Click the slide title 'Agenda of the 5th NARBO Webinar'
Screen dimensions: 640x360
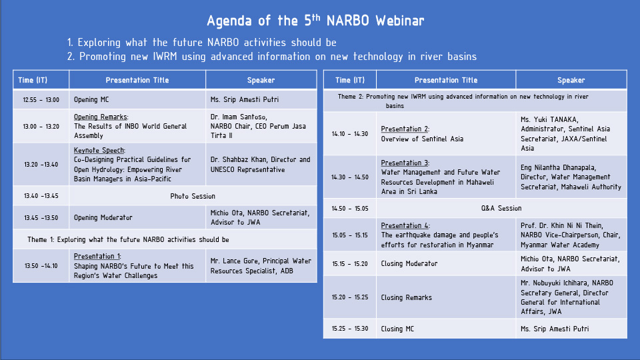click(315, 21)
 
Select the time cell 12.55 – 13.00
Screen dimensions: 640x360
click(41, 99)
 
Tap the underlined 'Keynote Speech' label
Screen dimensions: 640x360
click(99, 150)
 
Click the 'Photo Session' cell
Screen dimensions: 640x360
click(193, 196)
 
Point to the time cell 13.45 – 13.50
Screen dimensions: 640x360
click(41, 217)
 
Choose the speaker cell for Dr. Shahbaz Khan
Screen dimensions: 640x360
click(261, 165)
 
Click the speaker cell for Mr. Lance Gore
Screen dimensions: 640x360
click(261, 266)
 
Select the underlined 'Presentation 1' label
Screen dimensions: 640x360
click(97, 256)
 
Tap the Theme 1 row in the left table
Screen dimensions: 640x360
click(165, 239)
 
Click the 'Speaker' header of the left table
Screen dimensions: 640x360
click(261, 80)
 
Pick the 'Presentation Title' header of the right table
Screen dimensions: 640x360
click(446, 80)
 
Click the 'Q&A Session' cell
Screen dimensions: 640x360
click(501, 208)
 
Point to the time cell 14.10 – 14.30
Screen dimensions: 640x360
click(350, 134)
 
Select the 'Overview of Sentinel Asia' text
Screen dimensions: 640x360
click(422, 139)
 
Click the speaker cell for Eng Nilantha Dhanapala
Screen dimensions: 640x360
click(571, 177)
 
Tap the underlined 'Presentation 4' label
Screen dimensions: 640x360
click(405, 225)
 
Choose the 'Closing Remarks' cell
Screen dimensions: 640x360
click(446, 297)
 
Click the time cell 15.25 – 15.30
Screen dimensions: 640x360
click(350, 329)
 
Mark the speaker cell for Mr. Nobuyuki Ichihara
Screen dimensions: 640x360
click(571, 297)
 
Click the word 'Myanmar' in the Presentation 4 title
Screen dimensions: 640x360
click(479, 245)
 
